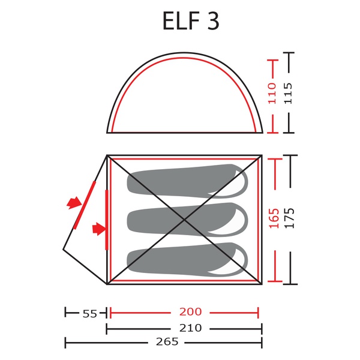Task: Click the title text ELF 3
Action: [x=191, y=20]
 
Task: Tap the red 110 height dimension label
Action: [x=272, y=94]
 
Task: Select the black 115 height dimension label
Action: [x=289, y=94]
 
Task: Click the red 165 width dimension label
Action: [x=274, y=218]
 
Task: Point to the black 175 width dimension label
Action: [x=289, y=218]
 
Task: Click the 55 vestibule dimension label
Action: [x=90, y=314]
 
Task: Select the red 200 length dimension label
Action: [x=190, y=311]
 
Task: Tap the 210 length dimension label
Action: [x=190, y=328]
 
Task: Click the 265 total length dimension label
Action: [x=167, y=341]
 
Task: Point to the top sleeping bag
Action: [x=187, y=181]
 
